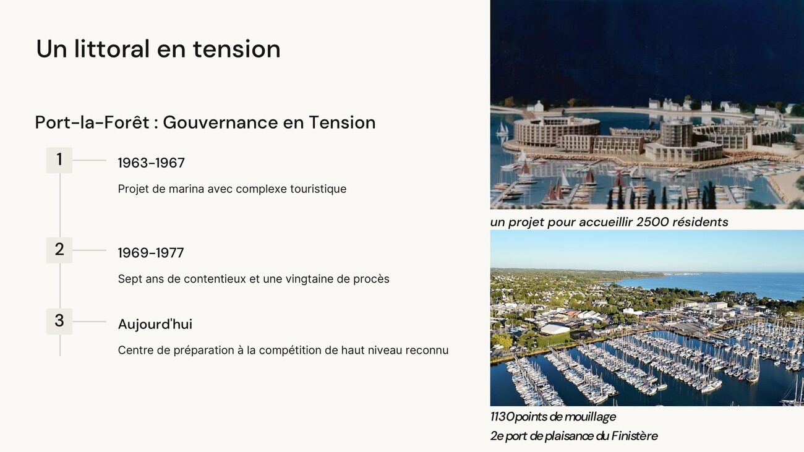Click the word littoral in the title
[111, 49]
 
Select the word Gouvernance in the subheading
[220, 122]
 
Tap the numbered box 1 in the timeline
[59, 160]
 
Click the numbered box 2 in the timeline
[59, 250]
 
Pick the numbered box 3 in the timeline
[59, 322]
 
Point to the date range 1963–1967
[151, 163]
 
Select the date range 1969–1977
[151, 253]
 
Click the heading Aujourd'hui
[155, 324]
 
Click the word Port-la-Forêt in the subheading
[92, 122]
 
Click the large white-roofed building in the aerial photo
[555, 328]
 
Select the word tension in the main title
[237, 49]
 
